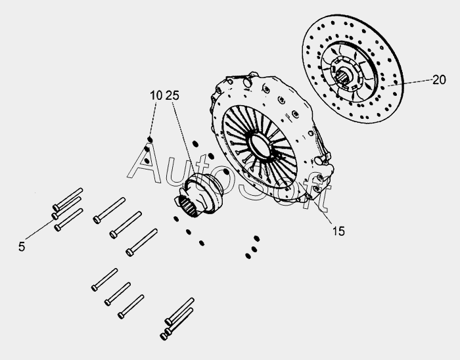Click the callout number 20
tap(439, 79)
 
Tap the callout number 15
tap(338, 231)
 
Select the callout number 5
tap(22, 246)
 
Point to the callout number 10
tap(156, 95)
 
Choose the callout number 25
tap(172, 95)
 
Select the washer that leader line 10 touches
tap(150, 139)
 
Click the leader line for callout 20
tap(410, 82)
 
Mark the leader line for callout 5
tap(39, 229)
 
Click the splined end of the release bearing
tap(187, 206)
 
